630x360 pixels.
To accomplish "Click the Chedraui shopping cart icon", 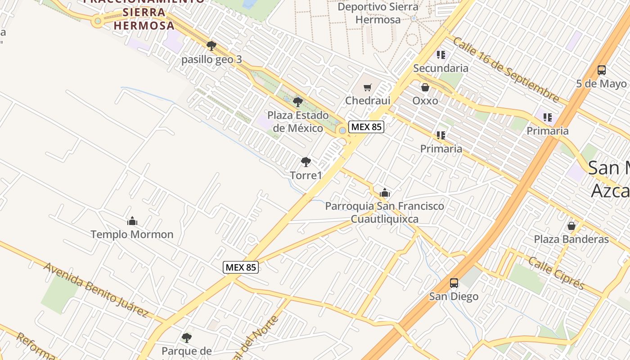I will (368, 87).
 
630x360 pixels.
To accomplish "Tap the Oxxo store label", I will (425, 100).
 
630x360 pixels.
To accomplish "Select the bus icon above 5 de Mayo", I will (601, 70).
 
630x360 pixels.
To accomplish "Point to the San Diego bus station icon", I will (454, 283).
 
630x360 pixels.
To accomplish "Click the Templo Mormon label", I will (132, 234).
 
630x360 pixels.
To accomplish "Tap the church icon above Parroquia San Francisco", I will (384, 193).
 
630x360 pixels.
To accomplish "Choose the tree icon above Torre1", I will (306, 162).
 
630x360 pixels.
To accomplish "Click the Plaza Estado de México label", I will (298, 122).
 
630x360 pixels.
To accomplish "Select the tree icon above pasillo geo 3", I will (211, 45).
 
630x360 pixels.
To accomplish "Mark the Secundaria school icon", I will (441, 55).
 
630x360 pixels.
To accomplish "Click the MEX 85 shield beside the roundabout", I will (366, 127).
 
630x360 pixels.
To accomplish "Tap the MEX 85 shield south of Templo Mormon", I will (241, 267).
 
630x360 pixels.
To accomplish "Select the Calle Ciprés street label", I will (556, 273).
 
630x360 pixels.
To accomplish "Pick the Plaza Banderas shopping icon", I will (571, 225).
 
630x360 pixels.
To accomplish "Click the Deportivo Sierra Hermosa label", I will (378, 13).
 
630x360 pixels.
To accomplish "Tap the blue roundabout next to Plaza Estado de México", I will (343, 130).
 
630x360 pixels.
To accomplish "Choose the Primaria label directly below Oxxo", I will (441, 148).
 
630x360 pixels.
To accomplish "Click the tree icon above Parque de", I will (187, 337).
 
